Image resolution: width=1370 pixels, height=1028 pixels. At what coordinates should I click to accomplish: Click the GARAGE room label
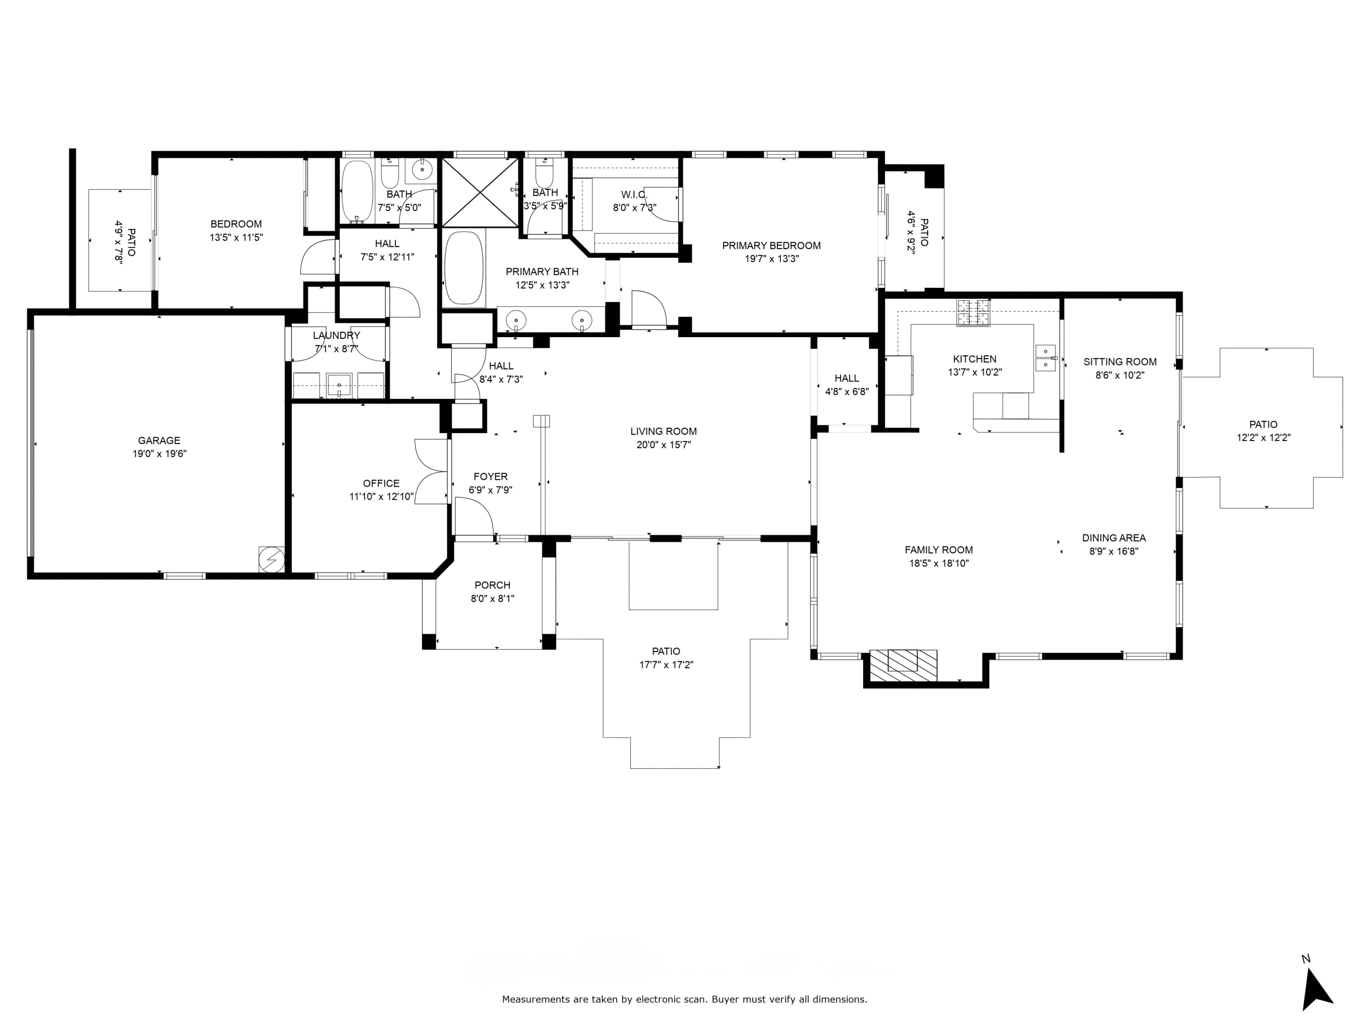[159, 440]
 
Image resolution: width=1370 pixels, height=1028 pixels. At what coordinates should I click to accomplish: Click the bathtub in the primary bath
[464, 268]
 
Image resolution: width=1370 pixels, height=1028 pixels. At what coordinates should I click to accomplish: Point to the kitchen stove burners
[973, 313]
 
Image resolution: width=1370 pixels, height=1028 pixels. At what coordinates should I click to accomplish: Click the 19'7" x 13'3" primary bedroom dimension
[771, 259]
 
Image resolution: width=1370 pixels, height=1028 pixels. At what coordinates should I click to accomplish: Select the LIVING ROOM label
[664, 431]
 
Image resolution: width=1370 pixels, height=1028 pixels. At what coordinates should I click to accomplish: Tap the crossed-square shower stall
[480, 192]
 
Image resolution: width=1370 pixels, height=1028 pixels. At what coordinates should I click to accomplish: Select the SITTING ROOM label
[1120, 362]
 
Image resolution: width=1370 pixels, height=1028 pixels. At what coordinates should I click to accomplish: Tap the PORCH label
[492, 585]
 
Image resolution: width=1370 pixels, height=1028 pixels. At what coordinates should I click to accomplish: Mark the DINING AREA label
[1114, 538]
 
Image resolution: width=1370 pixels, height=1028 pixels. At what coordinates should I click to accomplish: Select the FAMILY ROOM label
[938, 550]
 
